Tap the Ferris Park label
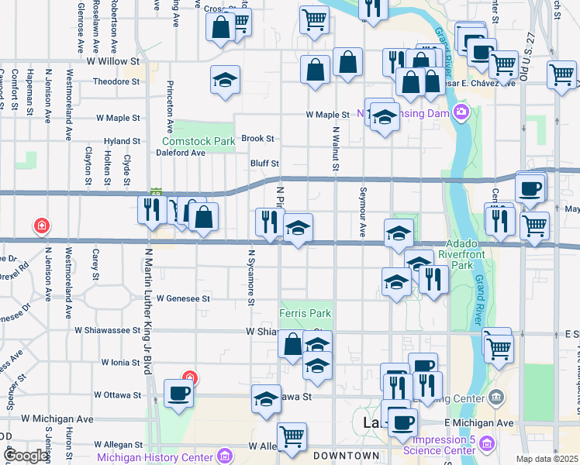pyautogui.click(x=305, y=313)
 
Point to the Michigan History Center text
pyautogui.click(x=154, y=456)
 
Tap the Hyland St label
pyautogui.click(x=123, y=142)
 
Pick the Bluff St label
pyautogui.click(x=264, y=164)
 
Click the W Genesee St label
pyautogui.click(x=184, y=298)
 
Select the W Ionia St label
pyautogui.click(x=121, y=362)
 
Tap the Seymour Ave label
pyautogui.click(x=362, y=212)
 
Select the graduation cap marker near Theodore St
pyautogui.click(x=226, y=80)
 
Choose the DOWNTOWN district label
pyautogui.click(x=347, y=456)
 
